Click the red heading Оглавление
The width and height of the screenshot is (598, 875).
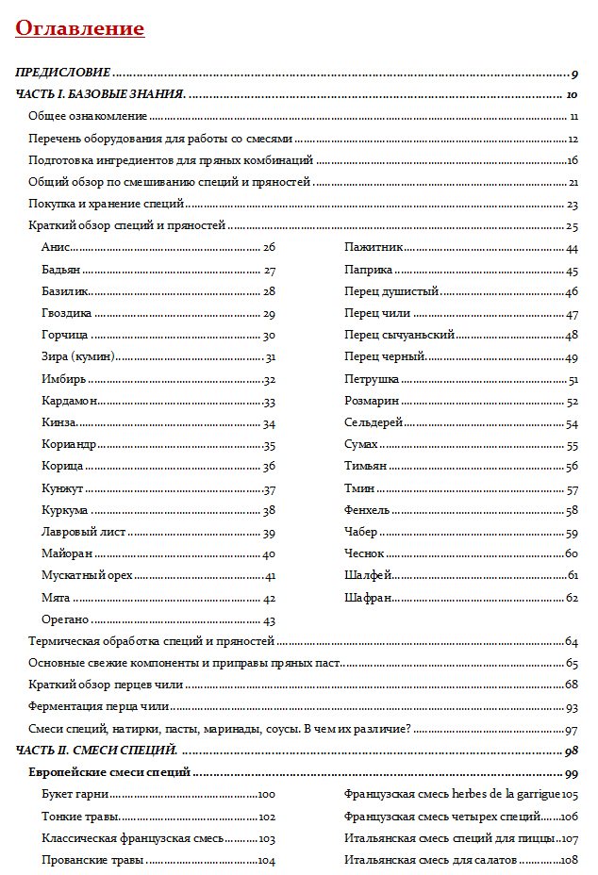click(80, 28)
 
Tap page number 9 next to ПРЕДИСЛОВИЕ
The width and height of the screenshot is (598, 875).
click(574, 73)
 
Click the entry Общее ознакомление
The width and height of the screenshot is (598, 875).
click(88, 116)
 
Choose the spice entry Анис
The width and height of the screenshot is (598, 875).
click(56, 247)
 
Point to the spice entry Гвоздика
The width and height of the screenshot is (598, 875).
click(66, 313)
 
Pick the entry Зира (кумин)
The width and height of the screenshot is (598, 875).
click(78, 356)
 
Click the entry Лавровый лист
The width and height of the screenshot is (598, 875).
click(79, 533)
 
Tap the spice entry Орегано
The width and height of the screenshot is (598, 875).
click(65, 620)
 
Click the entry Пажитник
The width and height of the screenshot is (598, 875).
click(374, 247)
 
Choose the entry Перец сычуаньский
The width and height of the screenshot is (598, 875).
click(400, 335)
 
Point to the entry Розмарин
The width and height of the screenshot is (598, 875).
click(372, 401)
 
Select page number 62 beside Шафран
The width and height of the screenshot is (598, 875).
click(572, 598)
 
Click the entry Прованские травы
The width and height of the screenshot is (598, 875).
click(92, 861)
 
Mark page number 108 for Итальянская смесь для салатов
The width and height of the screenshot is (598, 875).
click(569, 861)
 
